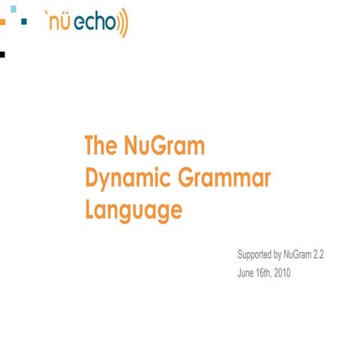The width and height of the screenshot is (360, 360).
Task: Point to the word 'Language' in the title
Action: pos(133,209)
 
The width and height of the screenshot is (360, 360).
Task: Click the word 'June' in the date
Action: pos(245,273)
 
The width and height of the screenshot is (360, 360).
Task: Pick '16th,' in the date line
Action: pos(265,273)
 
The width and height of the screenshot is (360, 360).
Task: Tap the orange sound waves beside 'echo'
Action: pos(123,23)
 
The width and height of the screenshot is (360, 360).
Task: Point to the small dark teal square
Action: pos(25,22)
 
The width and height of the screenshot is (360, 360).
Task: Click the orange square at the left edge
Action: pos(2,23)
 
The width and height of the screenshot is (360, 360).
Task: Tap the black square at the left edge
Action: pos(3,54)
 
